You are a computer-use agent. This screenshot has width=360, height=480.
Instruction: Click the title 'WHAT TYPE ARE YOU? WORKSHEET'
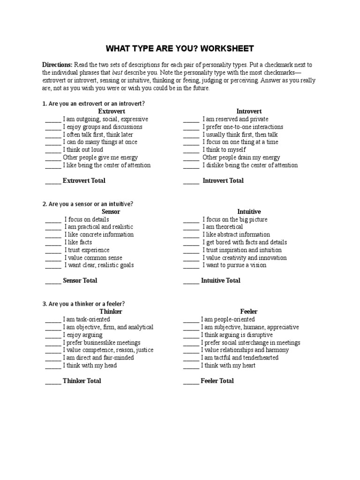pyautogui.click(x=180, y=49)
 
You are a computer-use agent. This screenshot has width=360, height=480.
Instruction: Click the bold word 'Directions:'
pyautogui.click(x=58, y=65)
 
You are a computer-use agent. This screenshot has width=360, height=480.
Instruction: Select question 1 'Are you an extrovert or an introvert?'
pyautogui.click(x=93, y=103)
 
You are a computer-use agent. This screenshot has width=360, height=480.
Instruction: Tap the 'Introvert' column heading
pyautogui.click(x=249, y=111)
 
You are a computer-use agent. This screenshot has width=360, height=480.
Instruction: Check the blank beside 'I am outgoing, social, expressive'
pyautogui.click(x=53, y=120)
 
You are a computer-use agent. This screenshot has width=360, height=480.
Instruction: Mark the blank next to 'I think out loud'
pyautogui.click(x=53, y=150)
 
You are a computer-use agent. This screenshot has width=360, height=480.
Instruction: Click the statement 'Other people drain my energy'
pyautogui.click(x=241, y=157)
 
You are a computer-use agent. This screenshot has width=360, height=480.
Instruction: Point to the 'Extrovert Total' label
pyautogui.click(x=84, y=180)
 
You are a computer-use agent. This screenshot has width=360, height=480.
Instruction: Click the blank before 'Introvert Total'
pyautogui.click(x=191, y=181)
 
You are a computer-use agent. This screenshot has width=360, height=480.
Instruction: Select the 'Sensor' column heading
pyautogui.click(x=111, y=211)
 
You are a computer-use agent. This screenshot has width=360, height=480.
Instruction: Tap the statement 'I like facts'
pyautogui.click(x=78, y=242)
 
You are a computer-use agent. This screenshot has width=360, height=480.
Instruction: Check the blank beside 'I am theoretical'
pyautogui.click(x=191, y=227)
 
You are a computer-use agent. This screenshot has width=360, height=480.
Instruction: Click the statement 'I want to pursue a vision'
pyautogui.click(x=234, y=265)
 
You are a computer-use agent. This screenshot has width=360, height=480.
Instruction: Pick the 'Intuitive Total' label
pyautogui.click(x=220, y=280)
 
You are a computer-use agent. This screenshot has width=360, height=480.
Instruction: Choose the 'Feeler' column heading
pyautogui.click(x=249, y=311)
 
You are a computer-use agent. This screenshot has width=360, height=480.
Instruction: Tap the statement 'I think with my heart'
pyautogui.click(x=228, y=365)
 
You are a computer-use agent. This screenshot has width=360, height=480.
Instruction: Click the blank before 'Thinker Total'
pyautogui.click(x=53, y=381)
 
